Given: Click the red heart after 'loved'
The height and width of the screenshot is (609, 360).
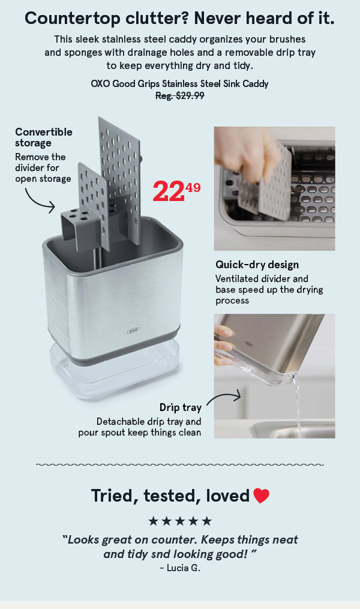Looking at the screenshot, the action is coord(261,496).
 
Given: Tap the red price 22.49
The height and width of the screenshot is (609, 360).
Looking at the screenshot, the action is coord(176,191).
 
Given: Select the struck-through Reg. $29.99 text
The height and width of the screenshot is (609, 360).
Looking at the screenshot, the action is coord(180,95).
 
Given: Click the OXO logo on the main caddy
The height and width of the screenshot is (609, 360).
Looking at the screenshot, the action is coord(133,331).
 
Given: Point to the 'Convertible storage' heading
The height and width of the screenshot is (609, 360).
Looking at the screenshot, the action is coord(44,137).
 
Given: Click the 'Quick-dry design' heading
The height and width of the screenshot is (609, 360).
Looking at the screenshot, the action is coord(257,265).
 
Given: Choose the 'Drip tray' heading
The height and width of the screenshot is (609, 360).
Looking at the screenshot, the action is coord(180,407).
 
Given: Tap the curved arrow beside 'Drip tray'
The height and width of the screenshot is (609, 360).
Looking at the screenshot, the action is coord(224,398).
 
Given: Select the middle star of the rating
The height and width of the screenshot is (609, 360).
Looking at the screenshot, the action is coord(180,521).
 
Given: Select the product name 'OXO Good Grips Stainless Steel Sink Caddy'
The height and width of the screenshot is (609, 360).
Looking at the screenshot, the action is coord(180,84).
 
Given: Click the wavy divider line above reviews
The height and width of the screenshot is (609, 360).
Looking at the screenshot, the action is coord(180,464).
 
